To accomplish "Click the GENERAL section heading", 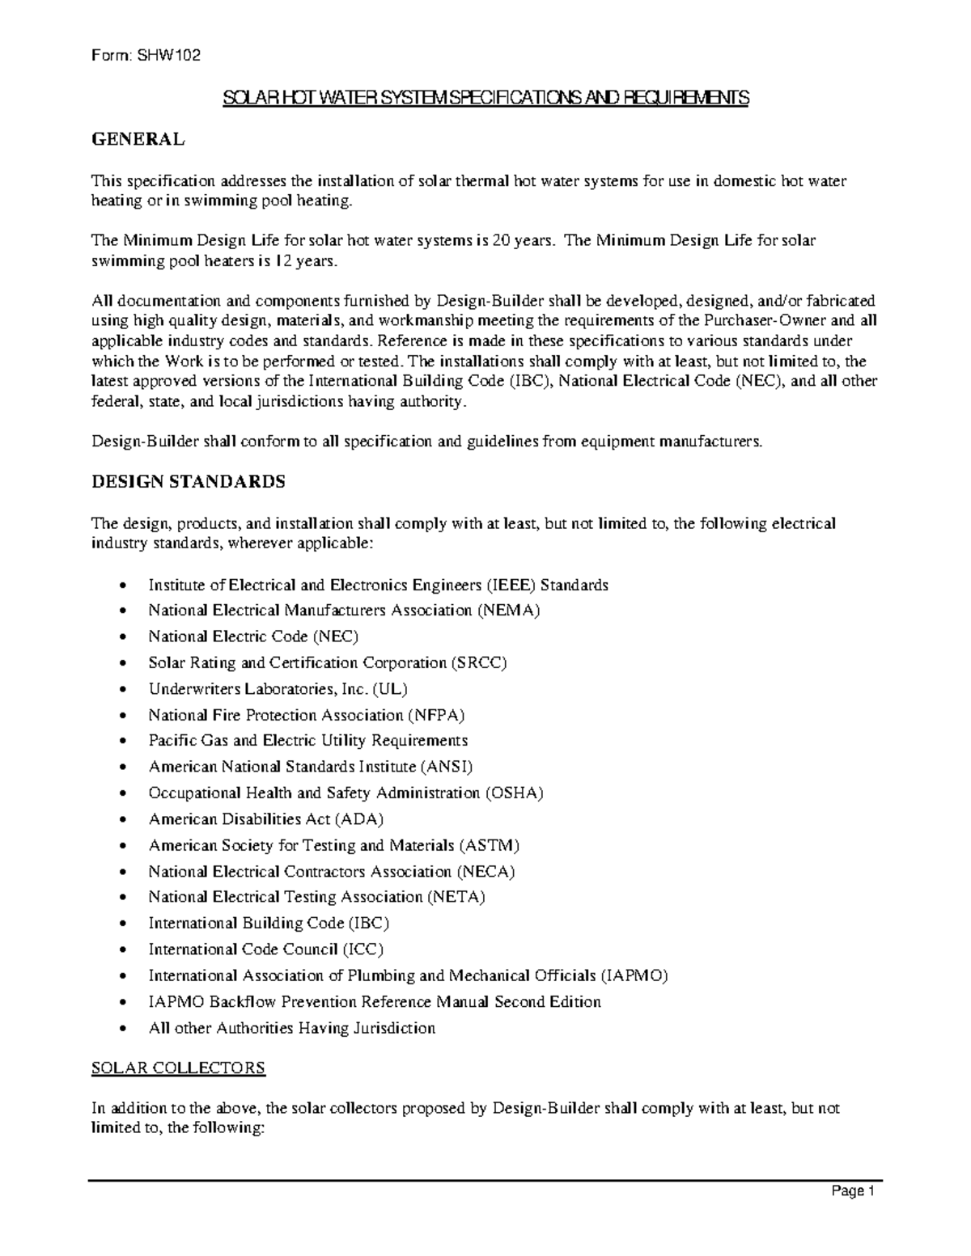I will [x=138, y=139].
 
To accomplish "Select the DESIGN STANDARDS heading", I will [x=188, y=482].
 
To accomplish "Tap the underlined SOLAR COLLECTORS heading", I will [x=178, y=1068].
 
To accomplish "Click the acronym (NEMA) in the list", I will [x=508, y=611].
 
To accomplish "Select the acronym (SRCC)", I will [x=479, y=663].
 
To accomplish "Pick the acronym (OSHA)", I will [x=514, y=793].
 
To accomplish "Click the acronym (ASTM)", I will [x=490, y=845].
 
